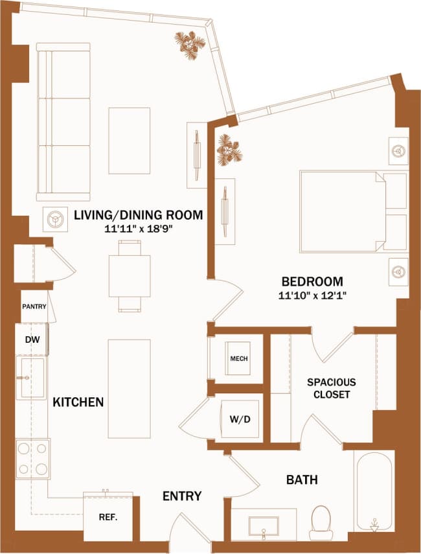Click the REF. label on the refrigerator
108,518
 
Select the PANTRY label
34,306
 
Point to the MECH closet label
238,358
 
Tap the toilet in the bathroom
321,522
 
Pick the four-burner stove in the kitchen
33,459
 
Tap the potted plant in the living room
190,45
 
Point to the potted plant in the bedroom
229,150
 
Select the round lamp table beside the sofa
56,220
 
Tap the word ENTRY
181,496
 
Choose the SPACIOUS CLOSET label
332,388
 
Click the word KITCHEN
78,402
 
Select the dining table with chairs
130,275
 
